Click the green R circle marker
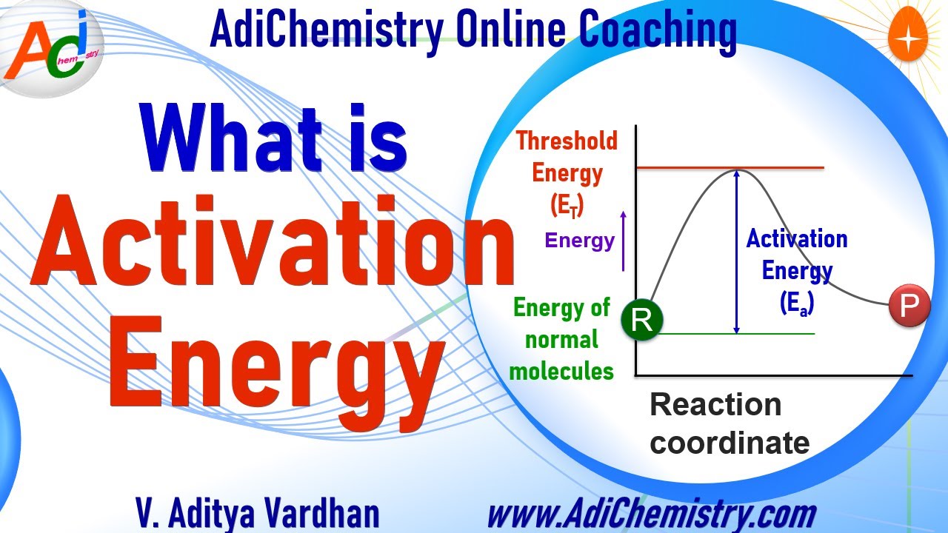tap(642, 321)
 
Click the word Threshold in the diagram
tap(567, 141)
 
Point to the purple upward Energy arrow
tap(624, 240)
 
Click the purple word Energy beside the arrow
tap(580, 241)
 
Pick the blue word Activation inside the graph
tap(797, 239)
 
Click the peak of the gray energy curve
tap(735, 172)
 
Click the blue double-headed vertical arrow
tap(735, 252)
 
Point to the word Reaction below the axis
tap(715, 405)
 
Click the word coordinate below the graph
tap(729, 443)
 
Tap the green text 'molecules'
tap(561, 372)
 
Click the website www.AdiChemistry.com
tap(651, 513)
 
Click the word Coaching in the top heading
tap(658, 30)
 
